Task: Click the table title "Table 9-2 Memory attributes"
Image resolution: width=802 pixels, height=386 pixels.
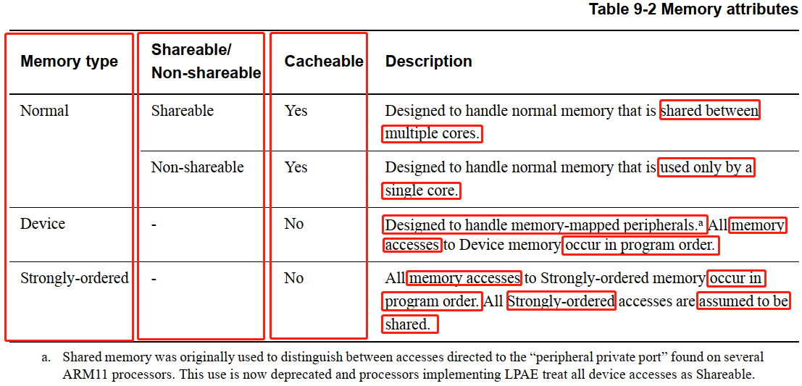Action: [693, 9]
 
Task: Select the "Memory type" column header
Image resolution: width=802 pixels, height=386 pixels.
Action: [69, 62]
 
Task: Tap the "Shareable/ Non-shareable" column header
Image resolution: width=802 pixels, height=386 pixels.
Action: [205, 62]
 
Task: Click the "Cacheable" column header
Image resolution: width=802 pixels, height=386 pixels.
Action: [323, 62]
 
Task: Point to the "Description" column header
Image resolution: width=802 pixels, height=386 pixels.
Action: [428, 62]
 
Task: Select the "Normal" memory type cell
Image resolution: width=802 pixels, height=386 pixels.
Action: [44, 111]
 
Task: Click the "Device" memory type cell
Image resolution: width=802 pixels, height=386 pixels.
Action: [42, 224]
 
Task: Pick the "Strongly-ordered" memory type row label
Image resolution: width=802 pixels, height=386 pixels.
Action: [74, 278]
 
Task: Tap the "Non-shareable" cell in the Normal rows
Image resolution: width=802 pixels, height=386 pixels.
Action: [197, 167]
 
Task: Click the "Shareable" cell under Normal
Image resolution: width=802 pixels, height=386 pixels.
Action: [182, 111]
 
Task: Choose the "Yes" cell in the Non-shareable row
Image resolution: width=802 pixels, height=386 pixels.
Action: [296, 167]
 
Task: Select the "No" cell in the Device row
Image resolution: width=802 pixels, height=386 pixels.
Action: [293, 224]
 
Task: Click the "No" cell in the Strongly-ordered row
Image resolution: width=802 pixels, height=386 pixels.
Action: [293, 278]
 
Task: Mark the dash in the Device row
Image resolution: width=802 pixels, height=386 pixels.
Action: [154, 225]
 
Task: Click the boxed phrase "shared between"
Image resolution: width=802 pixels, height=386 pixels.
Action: [709, 111]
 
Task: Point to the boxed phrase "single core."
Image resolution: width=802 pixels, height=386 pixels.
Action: [422, 191]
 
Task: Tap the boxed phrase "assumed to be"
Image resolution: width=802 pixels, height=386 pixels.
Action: [743, 301]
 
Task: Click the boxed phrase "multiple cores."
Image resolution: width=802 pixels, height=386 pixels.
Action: [432, 134]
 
